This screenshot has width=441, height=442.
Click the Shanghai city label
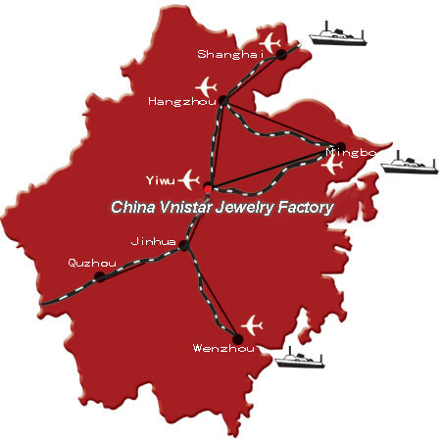pos(230,54)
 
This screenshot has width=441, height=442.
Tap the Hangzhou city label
pos(182,101)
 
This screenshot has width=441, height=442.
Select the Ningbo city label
pos(351,153)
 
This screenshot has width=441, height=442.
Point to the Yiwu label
pos(161,180)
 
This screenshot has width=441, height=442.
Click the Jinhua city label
pos(153,242)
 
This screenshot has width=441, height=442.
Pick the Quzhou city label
pos(92,263)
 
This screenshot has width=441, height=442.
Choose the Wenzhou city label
pos(223,348)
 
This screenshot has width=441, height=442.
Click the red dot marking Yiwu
pos(208,188)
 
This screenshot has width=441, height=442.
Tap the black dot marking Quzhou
pos(100,276)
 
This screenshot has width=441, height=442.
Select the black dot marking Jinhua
pos(184,245)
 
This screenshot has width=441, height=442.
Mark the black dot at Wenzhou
pos(238,339)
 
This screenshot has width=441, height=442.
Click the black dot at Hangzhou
pos(223,101)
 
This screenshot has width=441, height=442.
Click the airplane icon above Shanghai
pos(270,43)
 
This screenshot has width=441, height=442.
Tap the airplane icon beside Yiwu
pos(189,179)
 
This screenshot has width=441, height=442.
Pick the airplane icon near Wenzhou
pos(252,325)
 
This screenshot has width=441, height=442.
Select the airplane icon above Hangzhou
pos(207,87)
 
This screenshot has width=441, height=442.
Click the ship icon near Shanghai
pos(338,33)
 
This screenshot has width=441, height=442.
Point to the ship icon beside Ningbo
pos(409,163)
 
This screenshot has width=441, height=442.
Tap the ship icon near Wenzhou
pos(300,358)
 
